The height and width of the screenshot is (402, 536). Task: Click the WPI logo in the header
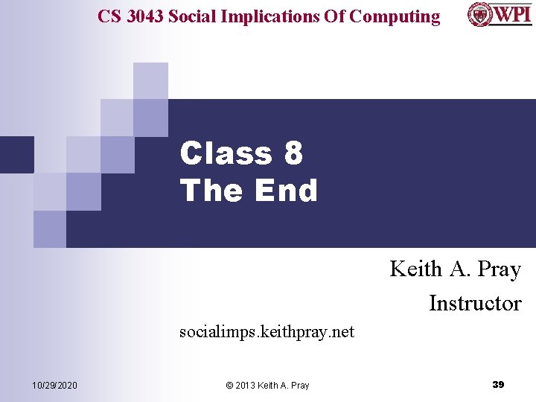click(500, 14)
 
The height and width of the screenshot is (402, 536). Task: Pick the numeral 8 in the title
click(293, 154)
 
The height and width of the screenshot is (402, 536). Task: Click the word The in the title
click(212, 191)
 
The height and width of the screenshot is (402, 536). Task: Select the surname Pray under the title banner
click(499, 269)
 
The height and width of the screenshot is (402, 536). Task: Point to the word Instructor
click(475, 303)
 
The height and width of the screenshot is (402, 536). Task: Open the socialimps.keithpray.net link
click(267, 331)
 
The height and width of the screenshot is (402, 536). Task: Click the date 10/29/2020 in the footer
click(54, 385)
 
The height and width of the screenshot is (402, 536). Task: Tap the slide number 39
click(498, 384)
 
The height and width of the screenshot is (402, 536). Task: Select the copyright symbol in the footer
click(229, 385)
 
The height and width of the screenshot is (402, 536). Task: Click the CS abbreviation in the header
click(110, 16)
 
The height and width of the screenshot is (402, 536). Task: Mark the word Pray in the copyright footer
click(299, 385)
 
